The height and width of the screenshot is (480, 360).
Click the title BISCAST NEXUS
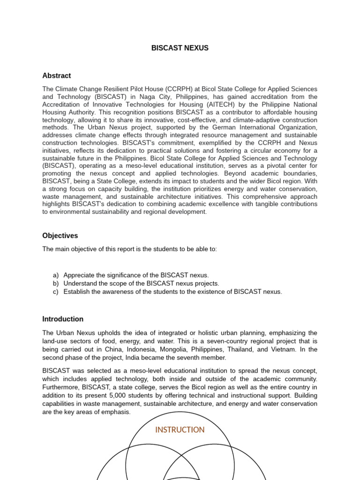(x=180, y=48)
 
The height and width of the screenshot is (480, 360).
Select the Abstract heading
(x=56, y=75)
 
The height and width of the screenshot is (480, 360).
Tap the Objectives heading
(x=60, y=235)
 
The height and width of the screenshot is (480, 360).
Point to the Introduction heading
(x=63, y=319)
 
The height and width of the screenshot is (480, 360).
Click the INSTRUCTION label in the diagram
(x=180, y=430)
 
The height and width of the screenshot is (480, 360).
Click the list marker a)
(x=56, y=275)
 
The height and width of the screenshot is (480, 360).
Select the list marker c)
(x=56, y=292)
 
